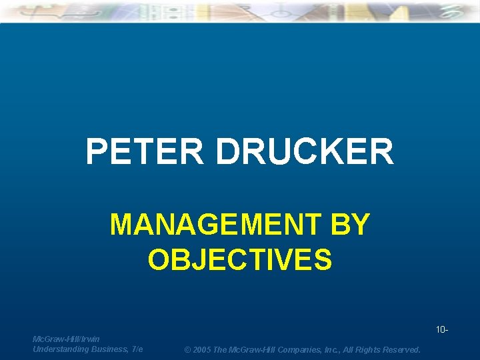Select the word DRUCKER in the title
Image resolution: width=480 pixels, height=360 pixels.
point(305,152)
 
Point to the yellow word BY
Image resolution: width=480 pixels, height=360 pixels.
point(349,225)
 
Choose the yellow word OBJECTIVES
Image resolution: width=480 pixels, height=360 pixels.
point(239,259)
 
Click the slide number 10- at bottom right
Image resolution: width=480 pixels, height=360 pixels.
point(441,330)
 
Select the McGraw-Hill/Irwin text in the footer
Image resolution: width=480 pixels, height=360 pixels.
point(66,339)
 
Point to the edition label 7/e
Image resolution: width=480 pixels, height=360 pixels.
point(137,349)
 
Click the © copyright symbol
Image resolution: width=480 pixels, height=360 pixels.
point(188,350)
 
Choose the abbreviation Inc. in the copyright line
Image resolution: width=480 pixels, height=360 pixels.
point(329,350)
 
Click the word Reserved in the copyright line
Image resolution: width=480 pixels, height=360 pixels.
point(402,350)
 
